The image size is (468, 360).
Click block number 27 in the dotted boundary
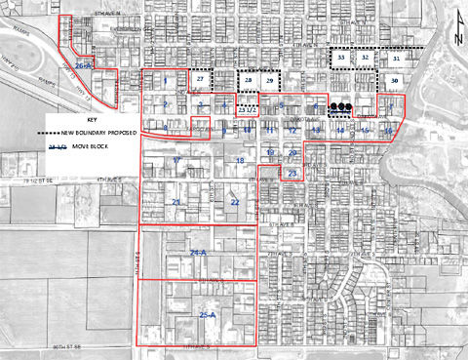pos(201,80)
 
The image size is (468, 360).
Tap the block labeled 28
pos(249,80)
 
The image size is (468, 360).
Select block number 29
pos(269,80)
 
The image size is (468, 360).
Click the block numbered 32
pos(365,59)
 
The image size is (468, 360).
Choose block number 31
pos(396,59)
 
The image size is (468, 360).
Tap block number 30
pos(394,80)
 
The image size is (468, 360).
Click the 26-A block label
pos(83,64)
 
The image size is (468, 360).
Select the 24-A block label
pos(199,253)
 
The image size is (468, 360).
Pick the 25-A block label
pos(207,315)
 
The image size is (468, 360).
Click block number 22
pos(234,201)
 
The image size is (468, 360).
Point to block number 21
pos(176,201)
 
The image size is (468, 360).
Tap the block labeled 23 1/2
pos(248,110)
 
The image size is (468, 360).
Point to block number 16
pos(387,130)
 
